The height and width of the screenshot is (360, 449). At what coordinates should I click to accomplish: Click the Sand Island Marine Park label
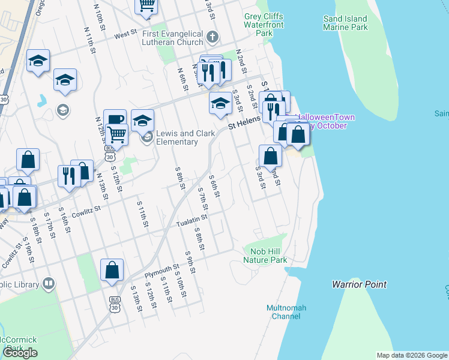tap(345, 23)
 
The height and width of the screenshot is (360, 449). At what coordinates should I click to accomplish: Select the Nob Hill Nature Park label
tap(265, 256)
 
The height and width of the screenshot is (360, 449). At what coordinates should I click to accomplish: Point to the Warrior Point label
tap(359, 284)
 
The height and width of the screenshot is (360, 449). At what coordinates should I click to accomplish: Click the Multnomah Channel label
tap(286, 313)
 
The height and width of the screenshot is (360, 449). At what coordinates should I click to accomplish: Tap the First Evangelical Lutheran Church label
tap(173, 38)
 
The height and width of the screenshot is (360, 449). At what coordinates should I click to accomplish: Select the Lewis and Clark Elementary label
tap(176, 137)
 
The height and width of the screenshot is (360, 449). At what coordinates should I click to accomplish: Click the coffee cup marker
tap(115, 119)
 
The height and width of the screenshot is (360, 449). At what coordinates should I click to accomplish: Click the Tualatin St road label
tap(191, 223)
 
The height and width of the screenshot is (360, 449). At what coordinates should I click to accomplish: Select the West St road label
tap(126, 35)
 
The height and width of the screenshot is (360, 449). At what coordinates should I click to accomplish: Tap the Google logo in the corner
tap(20, 353)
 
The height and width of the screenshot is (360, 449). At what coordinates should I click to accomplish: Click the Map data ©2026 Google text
tap(412, 355)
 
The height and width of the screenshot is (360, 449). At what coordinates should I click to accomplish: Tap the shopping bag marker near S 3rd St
tap(271, 156)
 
